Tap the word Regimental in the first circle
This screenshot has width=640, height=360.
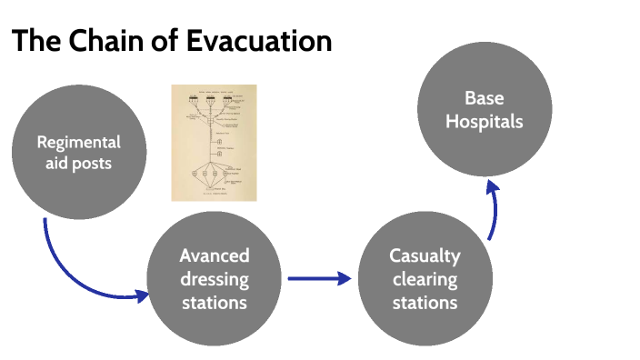78,142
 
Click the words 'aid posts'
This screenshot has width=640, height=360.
78,164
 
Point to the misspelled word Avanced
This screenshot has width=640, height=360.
214,255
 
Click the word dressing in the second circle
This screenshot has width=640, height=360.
214,278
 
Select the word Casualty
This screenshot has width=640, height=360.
425,255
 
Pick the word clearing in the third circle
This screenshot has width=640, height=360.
425,278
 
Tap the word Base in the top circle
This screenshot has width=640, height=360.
484,97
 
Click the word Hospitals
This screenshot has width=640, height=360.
484,120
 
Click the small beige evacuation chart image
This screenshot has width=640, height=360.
214,142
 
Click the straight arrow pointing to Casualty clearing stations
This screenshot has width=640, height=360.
318,279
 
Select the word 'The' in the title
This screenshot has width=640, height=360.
35,42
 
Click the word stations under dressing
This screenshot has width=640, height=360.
214,301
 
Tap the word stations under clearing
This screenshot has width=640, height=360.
425,301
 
